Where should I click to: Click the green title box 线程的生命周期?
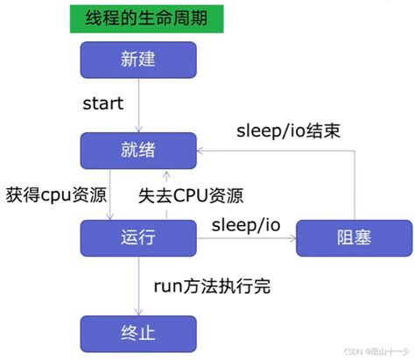point(144,18)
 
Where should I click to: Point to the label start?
point(102,104)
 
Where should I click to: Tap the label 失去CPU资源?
point(190,194)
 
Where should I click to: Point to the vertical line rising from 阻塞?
point(354,184)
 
